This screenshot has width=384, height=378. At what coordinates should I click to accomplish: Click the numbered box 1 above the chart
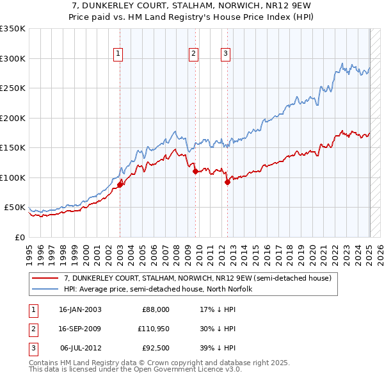(119, 54)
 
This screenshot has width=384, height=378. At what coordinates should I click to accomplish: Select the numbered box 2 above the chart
(193, 54)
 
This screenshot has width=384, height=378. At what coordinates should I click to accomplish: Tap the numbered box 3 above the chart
(226, 54)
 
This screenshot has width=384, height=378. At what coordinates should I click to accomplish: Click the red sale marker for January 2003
(120, 185)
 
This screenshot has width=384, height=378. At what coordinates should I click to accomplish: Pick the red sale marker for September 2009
(195, 171)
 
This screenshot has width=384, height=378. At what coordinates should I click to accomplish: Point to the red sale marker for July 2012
(227, 182)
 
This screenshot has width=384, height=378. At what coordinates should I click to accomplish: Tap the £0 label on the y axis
(19, 237)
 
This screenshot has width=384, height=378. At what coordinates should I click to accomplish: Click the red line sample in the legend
(45, 279)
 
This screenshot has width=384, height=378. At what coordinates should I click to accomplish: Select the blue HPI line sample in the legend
(45, 289)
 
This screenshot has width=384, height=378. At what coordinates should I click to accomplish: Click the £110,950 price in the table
(154, 329)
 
